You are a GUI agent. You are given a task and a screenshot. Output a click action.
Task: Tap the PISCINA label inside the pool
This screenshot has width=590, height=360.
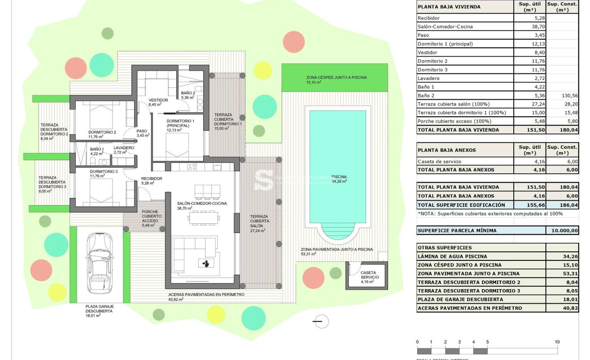[339, 176]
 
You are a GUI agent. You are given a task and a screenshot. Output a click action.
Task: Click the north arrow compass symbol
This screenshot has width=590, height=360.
[320, 321]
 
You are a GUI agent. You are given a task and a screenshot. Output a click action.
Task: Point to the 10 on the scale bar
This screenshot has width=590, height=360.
[557, 342]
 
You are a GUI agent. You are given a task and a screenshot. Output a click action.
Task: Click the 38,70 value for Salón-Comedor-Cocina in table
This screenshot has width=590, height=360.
[529, 26]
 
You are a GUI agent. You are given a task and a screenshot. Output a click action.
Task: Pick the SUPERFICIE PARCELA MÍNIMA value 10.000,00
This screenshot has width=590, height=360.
[562, 230]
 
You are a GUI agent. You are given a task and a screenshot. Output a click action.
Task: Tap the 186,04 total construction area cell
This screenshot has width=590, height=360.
[562, 205]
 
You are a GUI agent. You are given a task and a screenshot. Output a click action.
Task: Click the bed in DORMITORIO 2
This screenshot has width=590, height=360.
[103, 117]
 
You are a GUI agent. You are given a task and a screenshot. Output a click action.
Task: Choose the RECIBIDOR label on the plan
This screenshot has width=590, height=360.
[151, 179]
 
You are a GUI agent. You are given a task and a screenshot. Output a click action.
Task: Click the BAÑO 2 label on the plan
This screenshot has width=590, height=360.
[188, 93]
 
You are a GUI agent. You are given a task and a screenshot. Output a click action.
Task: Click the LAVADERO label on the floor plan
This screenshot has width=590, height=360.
[123, 148]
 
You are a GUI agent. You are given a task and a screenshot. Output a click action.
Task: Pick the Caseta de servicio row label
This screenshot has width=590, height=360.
[439, 162]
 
